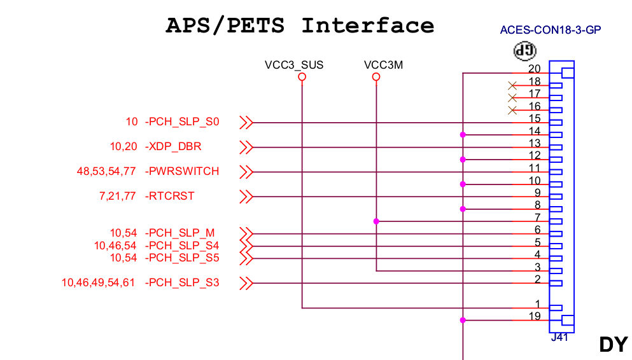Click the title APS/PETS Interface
(300, 26)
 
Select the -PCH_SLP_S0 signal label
(183, 122)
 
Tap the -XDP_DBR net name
(174, 147)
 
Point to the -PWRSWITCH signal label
(183, 172)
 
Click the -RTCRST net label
(170, 196)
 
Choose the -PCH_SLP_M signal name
(180, 233)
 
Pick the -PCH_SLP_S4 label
(183, 246)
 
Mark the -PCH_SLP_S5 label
(183, 258)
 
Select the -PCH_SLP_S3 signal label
(183, 282)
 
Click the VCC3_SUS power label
(294, 65)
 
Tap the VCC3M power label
(383, 65)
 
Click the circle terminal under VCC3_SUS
(302, 77)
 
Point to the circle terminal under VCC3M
(376, 77)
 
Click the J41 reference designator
(559, 338)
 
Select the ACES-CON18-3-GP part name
(551, 30)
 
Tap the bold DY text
(614, 344)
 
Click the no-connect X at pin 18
(512, 86)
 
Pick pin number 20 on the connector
(535, 69)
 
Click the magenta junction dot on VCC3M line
(376, 221)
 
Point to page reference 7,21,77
(118, 196)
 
